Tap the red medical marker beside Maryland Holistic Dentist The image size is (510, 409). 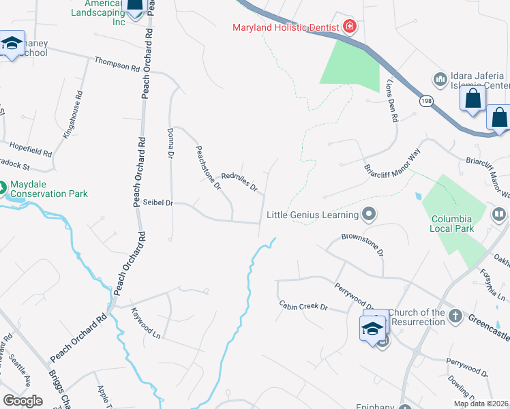point(350,27)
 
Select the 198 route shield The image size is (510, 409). point(426,101)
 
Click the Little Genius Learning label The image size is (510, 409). point(312,215)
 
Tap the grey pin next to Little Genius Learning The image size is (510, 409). point(369,215)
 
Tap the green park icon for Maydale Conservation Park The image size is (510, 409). point(2,186)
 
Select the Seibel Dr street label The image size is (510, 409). point(159,202)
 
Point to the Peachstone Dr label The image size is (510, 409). point(209,168)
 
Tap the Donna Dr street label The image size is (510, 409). point(170,143)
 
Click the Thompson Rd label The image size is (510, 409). point(117,65)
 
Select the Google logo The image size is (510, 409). point(22,401)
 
